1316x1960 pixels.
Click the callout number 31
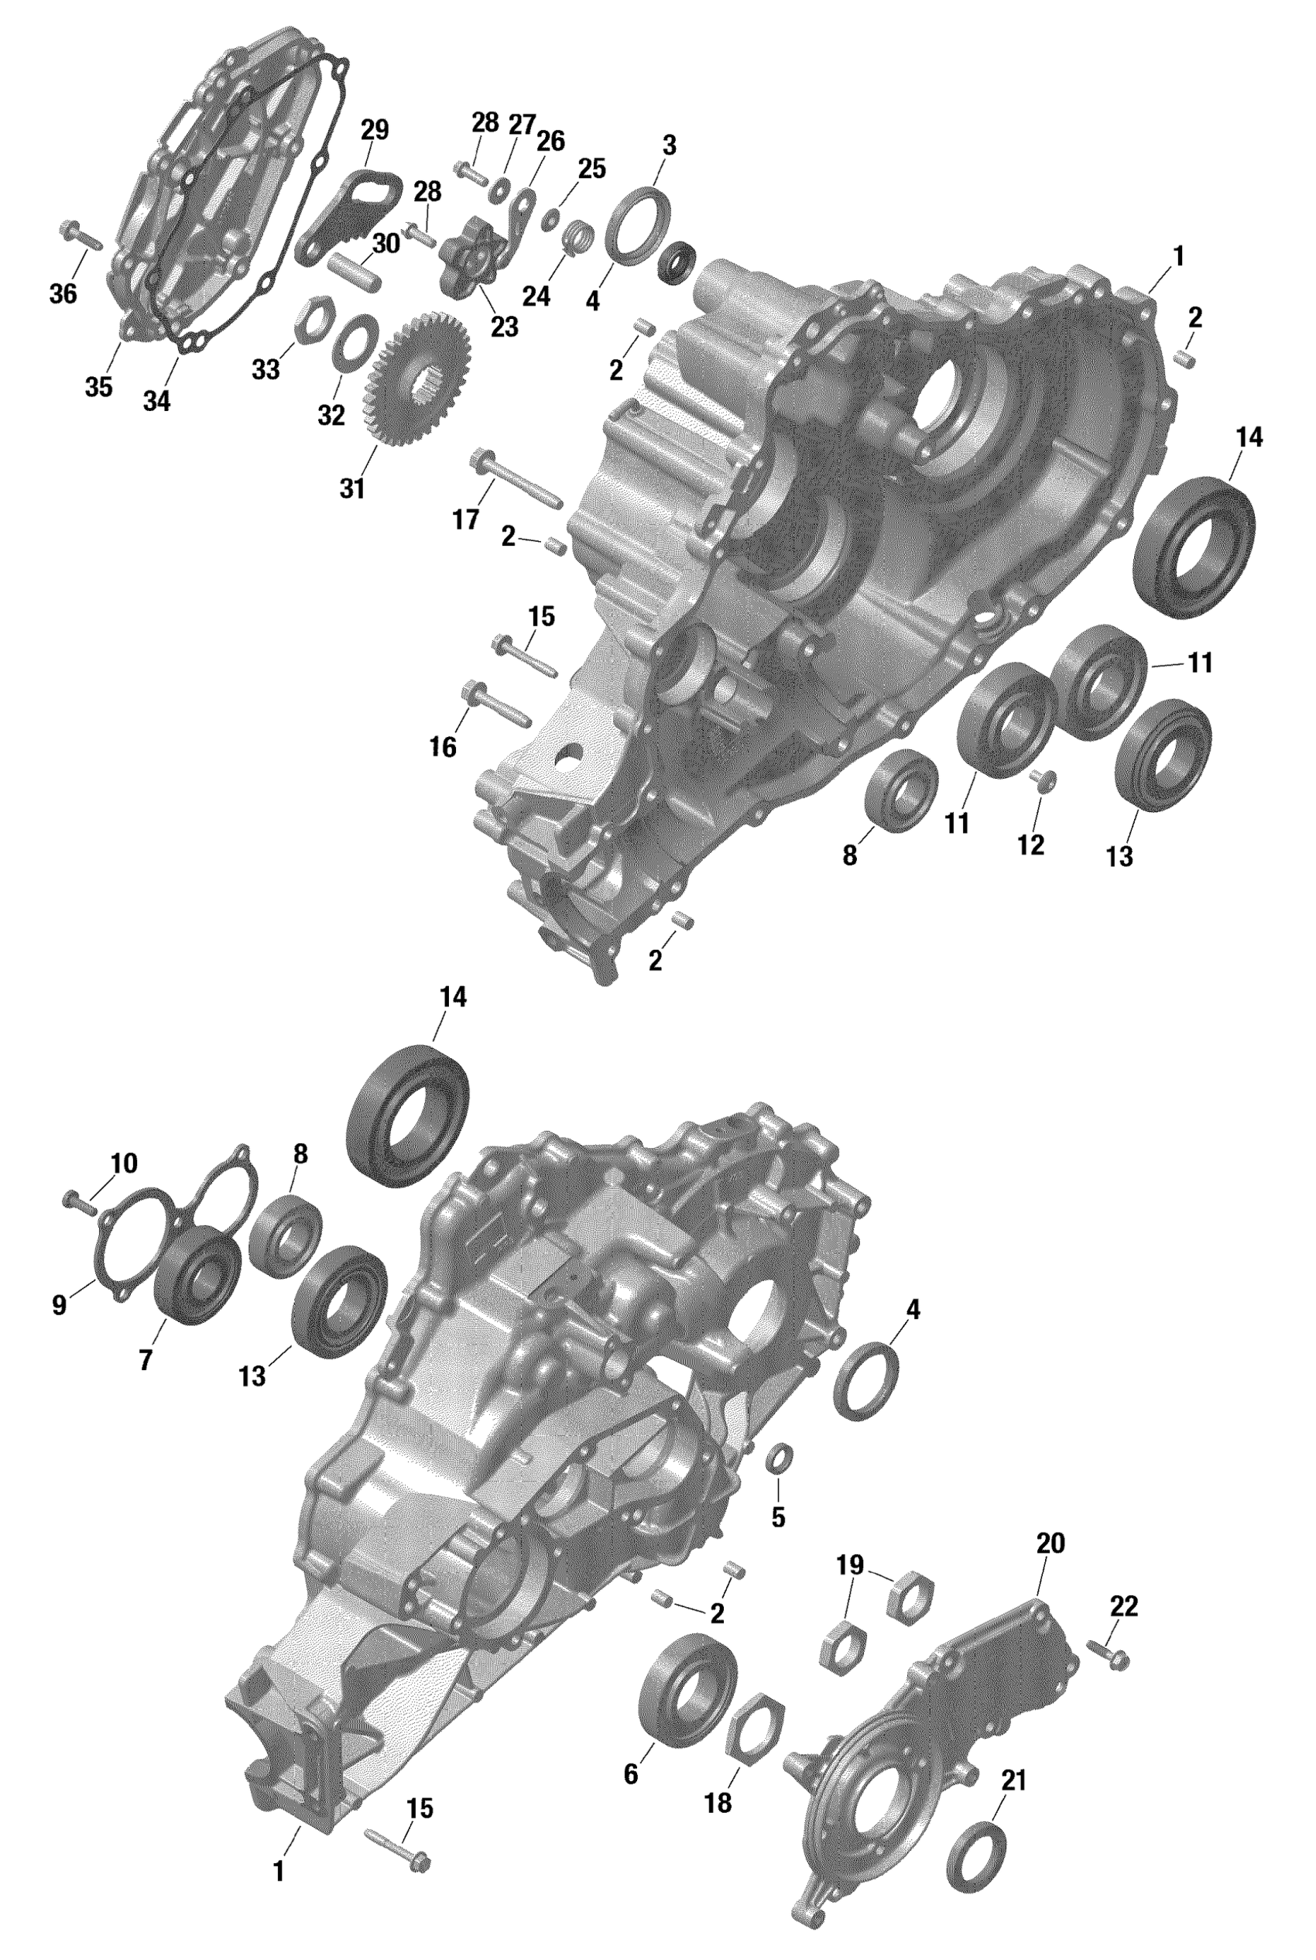[352, 489]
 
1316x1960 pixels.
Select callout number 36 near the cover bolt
[63, 293]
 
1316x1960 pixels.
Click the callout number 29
[375, 130]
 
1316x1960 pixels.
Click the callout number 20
[1050, 1543]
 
